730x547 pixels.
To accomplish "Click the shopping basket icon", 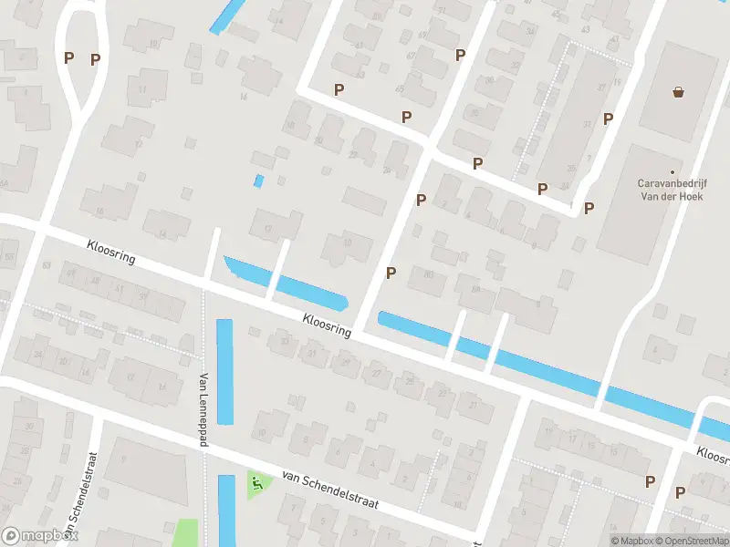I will click(678, 91).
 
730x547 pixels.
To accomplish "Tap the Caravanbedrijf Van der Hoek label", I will click(669, 189).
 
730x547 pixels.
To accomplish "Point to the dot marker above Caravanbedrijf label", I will click(673, 172).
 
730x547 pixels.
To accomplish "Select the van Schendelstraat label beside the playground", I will click(329, 491).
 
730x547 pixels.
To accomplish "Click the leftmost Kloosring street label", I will click(111, 253).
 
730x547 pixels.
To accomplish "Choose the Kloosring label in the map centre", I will click(326, 324).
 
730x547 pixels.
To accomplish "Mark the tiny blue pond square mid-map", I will click(258, 181).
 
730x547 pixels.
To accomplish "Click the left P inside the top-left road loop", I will click(68, 57).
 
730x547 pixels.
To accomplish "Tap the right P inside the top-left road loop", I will click(95, 60).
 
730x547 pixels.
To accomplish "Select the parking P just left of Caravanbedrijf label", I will click(589, 208).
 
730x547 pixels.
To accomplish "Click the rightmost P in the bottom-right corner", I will click(680, 492).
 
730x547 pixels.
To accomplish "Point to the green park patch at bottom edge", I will click(185, 532).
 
